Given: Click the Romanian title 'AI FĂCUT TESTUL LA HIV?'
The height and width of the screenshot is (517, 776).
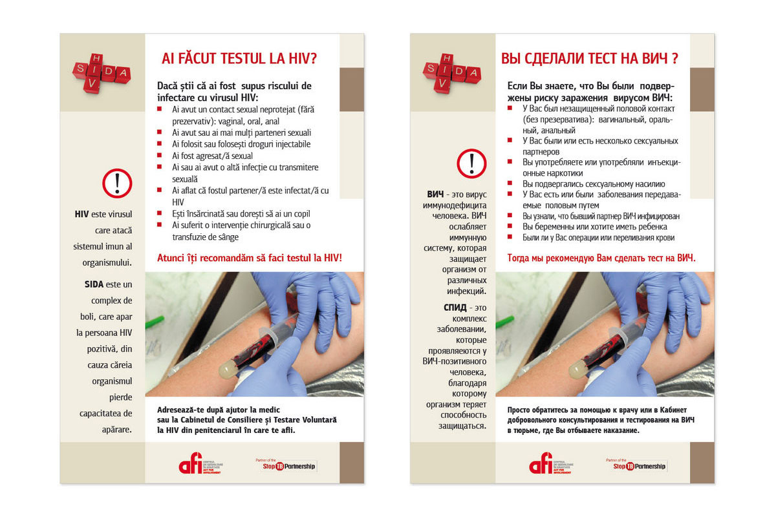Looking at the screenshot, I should click(239, 59).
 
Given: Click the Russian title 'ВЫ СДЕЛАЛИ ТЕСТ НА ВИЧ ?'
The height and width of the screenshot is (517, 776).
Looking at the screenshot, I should click(589, 59).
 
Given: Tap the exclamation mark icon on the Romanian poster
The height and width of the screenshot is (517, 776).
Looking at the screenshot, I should click(117, 183).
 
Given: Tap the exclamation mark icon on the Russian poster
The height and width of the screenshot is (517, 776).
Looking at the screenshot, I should click(471, 163).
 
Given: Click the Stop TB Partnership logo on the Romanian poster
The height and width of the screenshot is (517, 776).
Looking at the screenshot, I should click(286, 465).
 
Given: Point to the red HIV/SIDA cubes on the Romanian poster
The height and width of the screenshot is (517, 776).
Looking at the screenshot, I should click(102, 72).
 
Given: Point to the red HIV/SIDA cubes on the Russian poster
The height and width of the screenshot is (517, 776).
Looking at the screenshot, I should click(452, 72).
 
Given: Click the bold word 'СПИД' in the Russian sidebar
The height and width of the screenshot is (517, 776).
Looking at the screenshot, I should click(455, 307).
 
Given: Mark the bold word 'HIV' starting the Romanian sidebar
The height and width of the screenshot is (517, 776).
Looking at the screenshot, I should click(81, 214).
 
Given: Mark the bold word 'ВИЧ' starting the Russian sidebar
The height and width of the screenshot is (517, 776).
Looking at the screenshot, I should click(436, 194).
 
